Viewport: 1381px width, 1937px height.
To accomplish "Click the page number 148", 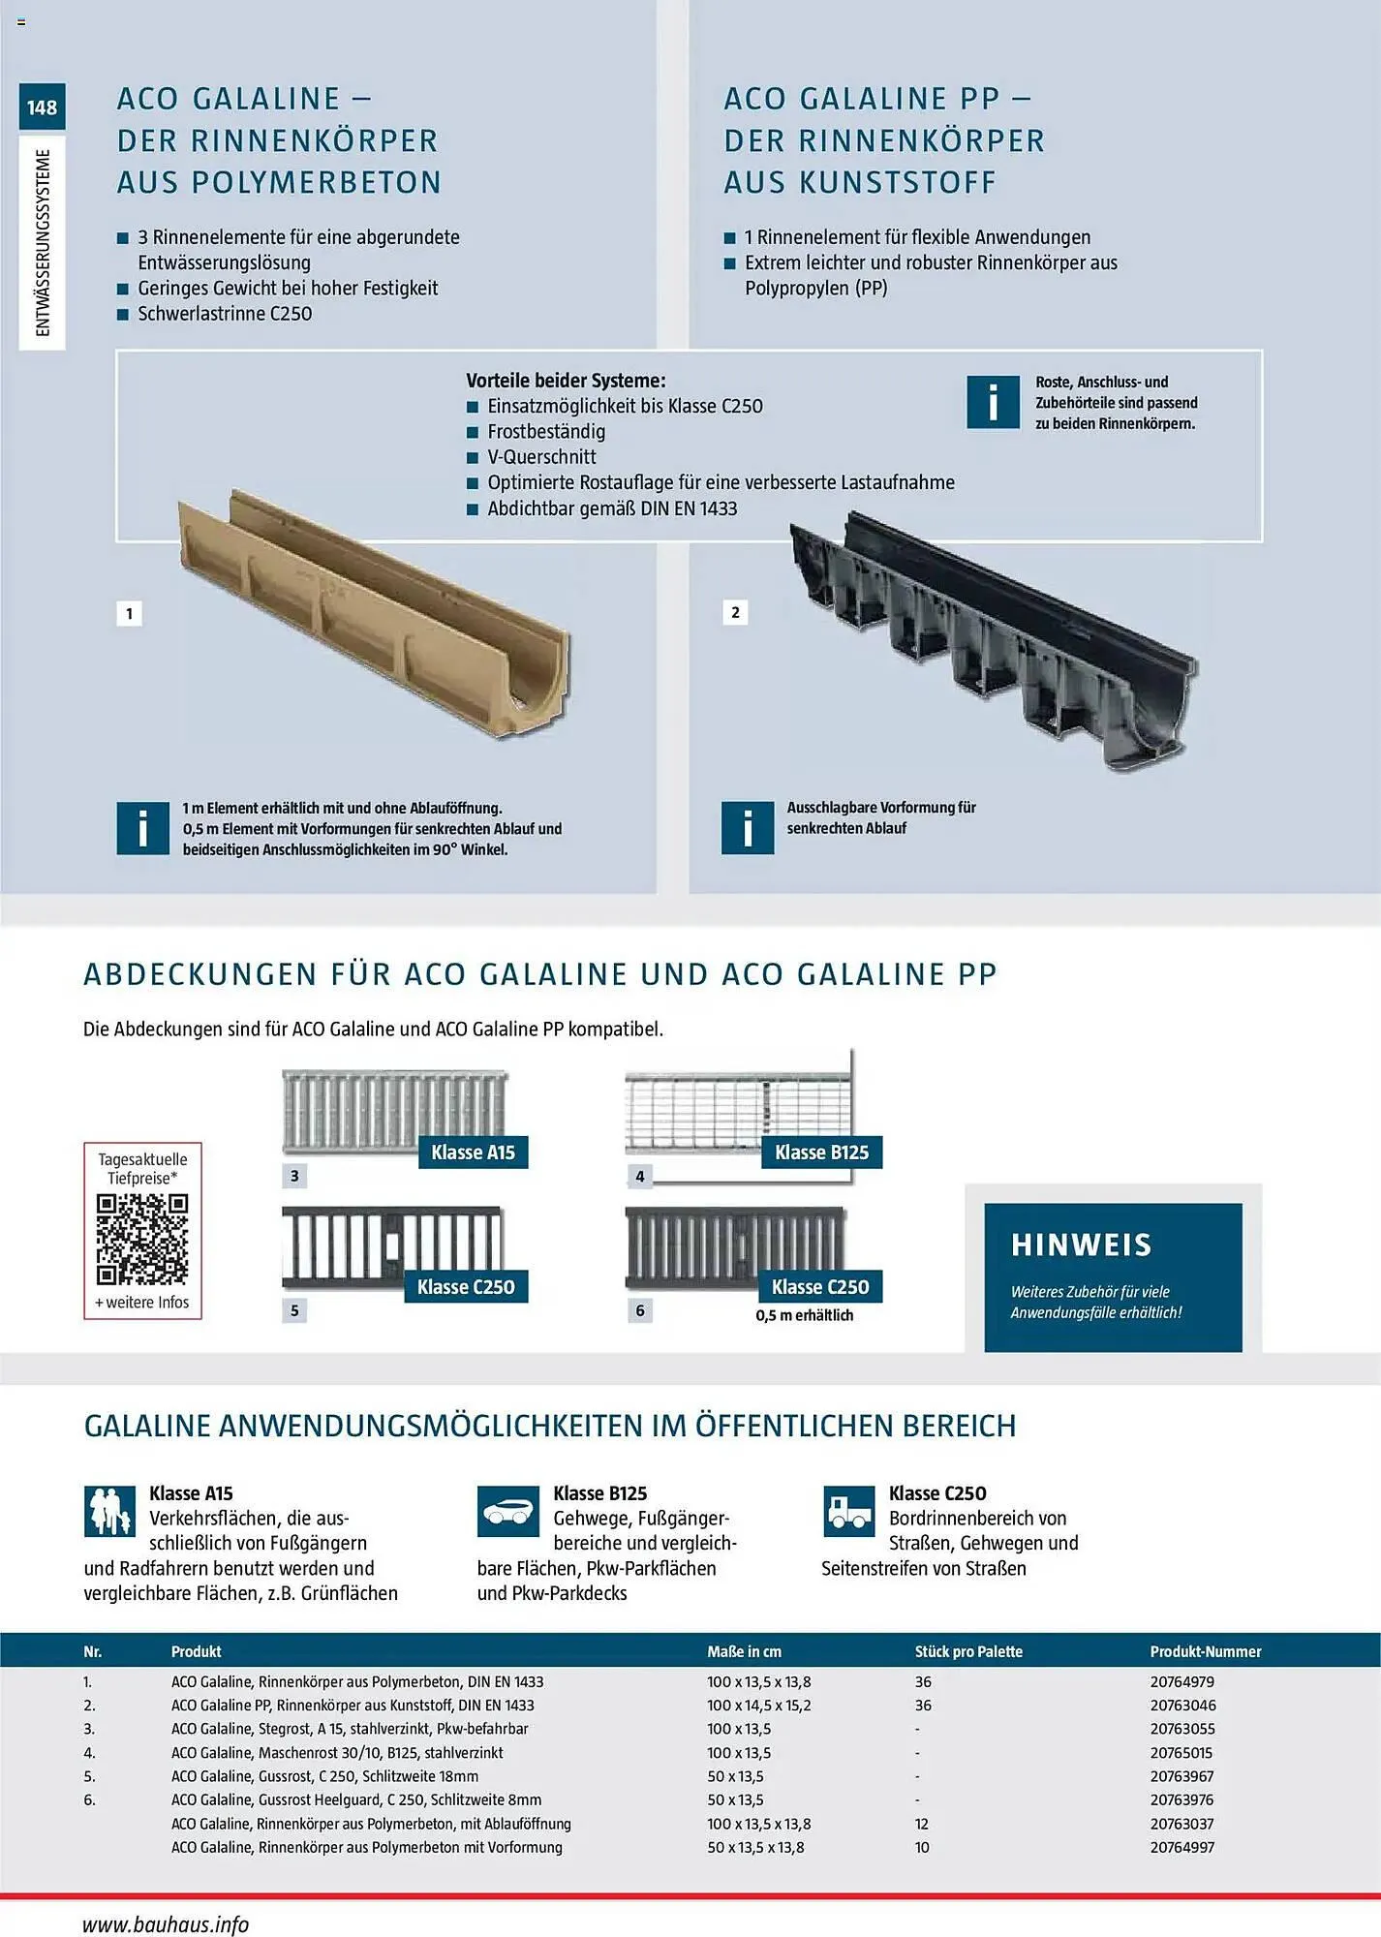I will [42, 108].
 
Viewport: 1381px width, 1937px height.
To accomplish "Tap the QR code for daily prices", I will [142, 1239].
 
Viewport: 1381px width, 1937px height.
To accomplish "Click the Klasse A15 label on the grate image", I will [473, 1153].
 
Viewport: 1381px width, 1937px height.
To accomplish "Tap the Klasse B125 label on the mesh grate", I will [821, 1153].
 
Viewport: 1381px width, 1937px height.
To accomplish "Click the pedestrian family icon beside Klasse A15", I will [109, 1512].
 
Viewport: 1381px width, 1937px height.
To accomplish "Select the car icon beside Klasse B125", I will [507, 1512].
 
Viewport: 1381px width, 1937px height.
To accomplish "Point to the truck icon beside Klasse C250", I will [848, 1512].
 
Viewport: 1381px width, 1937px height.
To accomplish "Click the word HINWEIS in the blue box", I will [1081, 1245].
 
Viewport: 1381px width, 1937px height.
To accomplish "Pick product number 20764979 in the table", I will [1182, 1682].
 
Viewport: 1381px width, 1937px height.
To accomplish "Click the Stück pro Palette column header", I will [968, 1651].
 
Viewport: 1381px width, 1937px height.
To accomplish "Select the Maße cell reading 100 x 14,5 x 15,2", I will [758, 1706].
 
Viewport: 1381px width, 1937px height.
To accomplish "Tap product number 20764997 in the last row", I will [1182, 1847].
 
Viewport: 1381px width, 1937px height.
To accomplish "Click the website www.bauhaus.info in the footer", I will [166, 1923].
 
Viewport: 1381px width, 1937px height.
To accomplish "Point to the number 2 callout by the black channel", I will [735, 612].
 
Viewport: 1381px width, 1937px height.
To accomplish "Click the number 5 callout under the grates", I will [294, 1310].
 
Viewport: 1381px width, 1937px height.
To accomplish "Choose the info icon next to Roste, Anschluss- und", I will [993, 402].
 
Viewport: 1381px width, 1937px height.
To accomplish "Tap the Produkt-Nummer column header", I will [1205, 1651].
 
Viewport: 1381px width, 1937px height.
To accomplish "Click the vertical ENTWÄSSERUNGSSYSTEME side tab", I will [43, 242].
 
